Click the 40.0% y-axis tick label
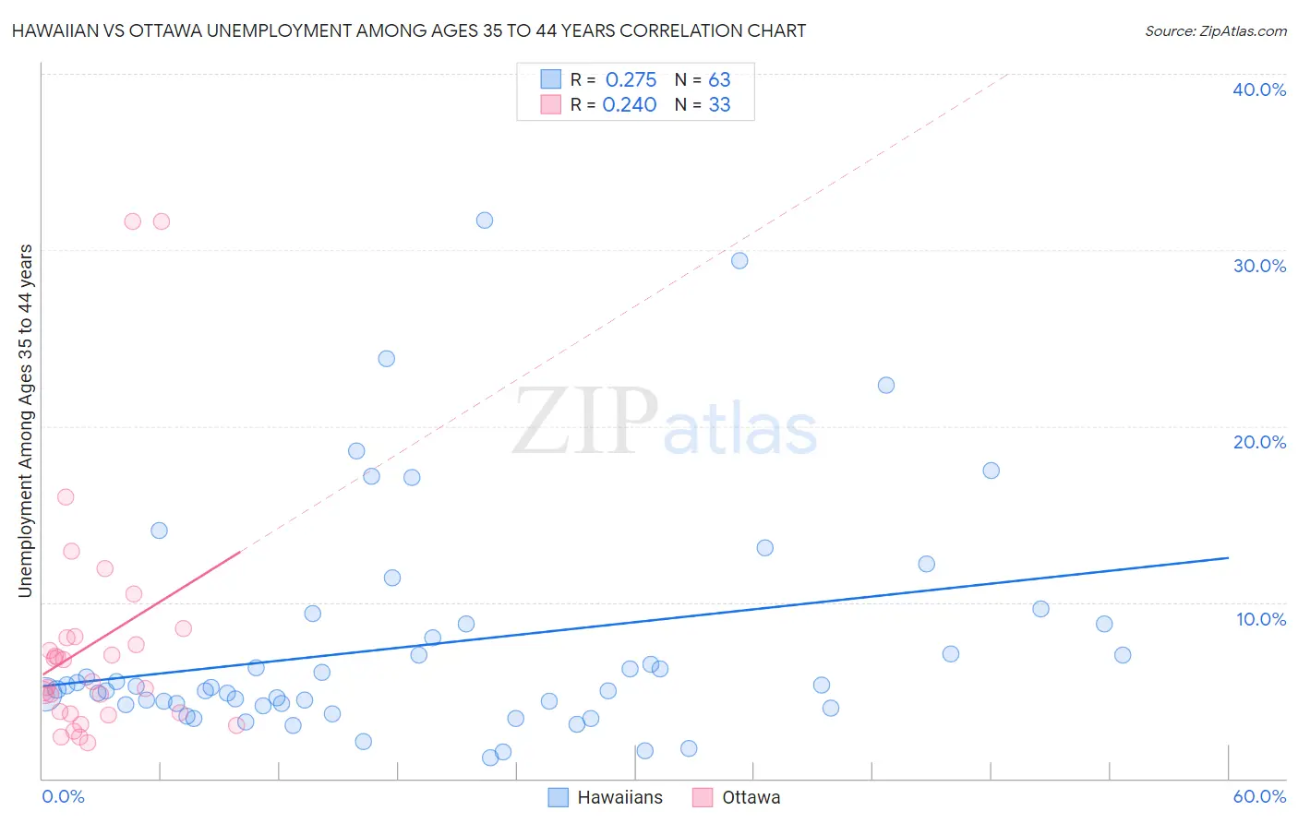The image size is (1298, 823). coord(1259,89)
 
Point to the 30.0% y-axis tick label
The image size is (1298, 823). coord(1259,266)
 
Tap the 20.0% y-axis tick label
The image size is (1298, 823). coord(1259,442)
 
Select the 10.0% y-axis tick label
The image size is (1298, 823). coord(1261,619)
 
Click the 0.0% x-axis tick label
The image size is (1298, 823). coord(63,796)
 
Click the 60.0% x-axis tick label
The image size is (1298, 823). coord(1259,796)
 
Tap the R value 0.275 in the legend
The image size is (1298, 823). coord(631,80)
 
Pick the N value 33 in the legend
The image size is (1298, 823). coord(719,105)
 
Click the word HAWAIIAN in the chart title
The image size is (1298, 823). coord(56,30)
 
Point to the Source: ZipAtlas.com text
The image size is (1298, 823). coord(1215,30)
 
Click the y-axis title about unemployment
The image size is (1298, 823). coord(25,421)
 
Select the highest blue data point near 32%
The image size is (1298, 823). coord(485,221)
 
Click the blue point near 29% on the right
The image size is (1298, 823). coord(739,261)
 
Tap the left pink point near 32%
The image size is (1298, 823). coord(132,221)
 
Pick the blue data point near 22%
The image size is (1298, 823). coord(886,386)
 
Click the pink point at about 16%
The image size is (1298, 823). coord(66,497)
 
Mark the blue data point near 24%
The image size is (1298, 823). coord(387,359)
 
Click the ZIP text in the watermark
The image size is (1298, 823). coord(586,422)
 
